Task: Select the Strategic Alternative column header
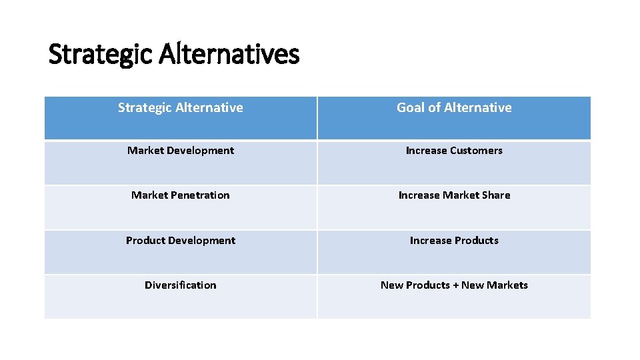[181, 108]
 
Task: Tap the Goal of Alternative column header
[454, 108]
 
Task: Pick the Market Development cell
[181, 151]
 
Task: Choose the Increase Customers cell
[454, 151]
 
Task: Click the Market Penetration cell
[181, 195]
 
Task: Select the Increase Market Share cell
[454, 195]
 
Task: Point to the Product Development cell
[181, 241]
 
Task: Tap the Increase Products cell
[454, 241]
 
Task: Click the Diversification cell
[181, 285]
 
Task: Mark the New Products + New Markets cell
[454, 285]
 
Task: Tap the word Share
[496, 195]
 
